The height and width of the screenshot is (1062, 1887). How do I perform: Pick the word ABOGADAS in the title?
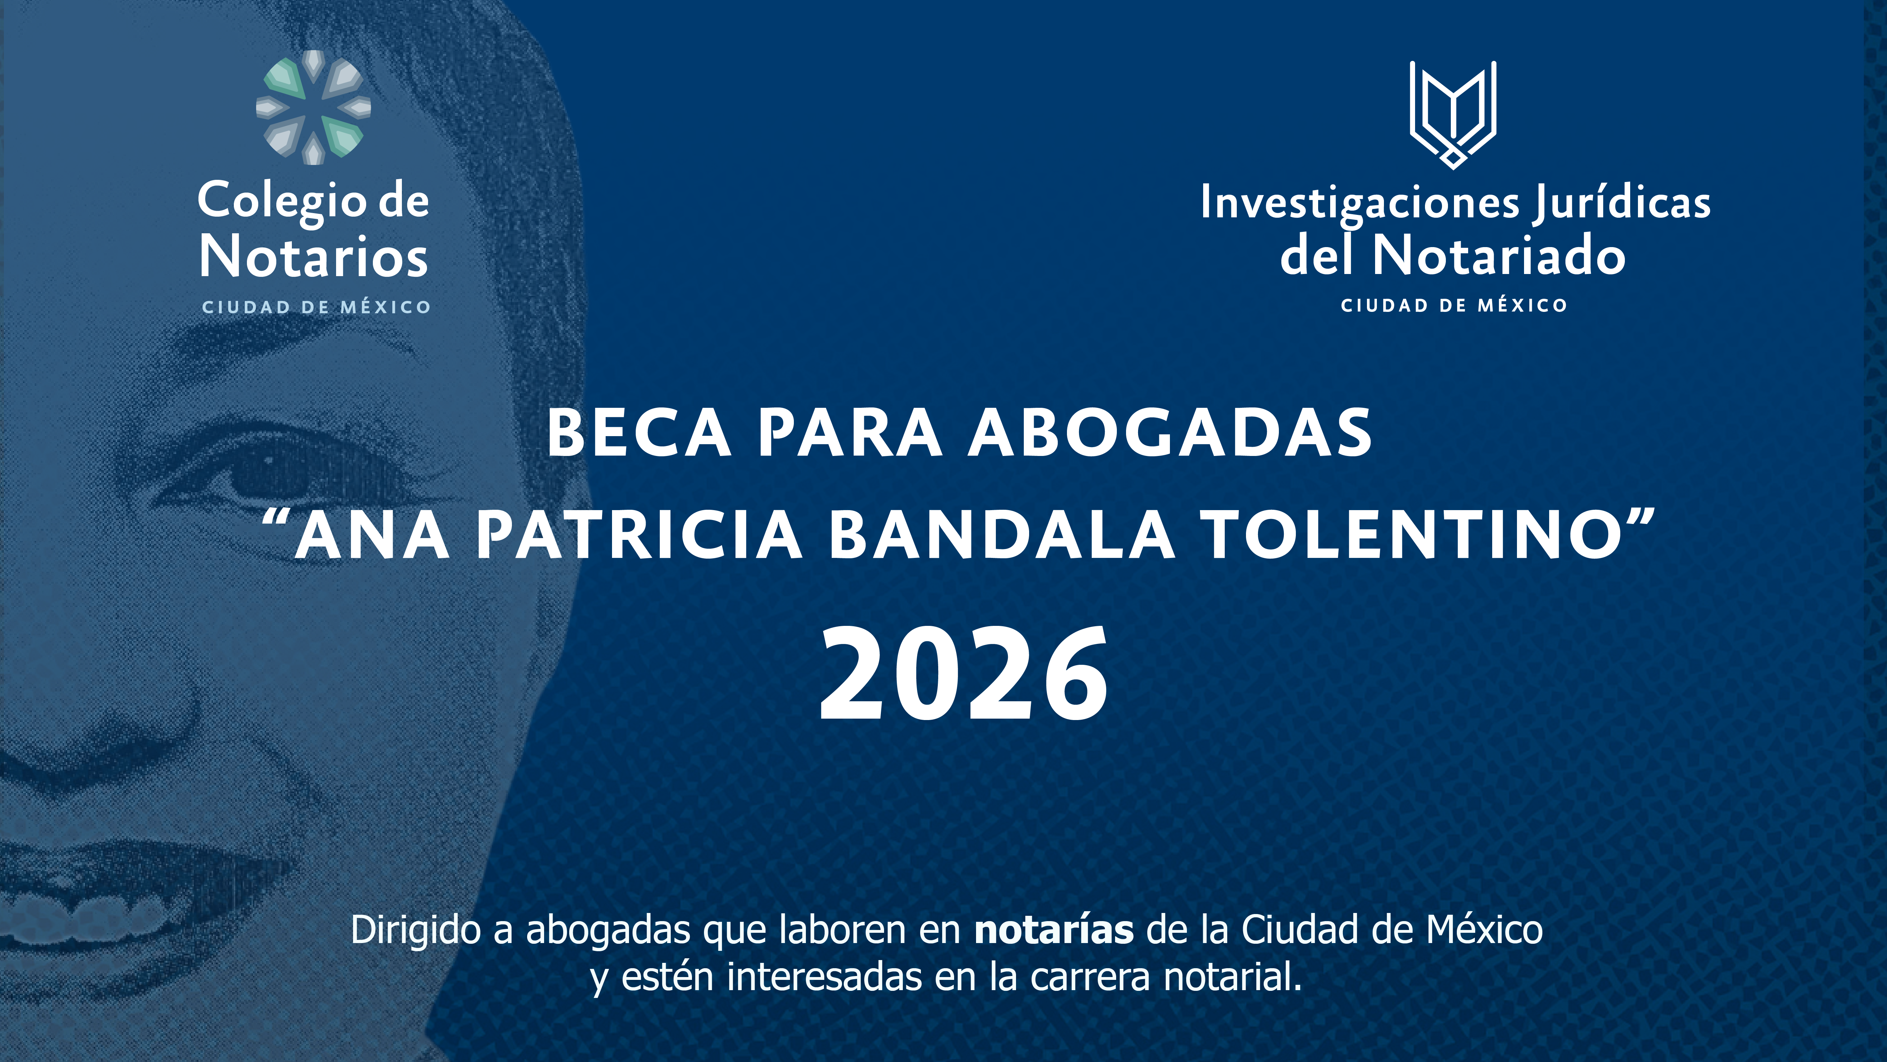(x=1170, y=433)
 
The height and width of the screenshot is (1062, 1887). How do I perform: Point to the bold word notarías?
(x=1054, y=930)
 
